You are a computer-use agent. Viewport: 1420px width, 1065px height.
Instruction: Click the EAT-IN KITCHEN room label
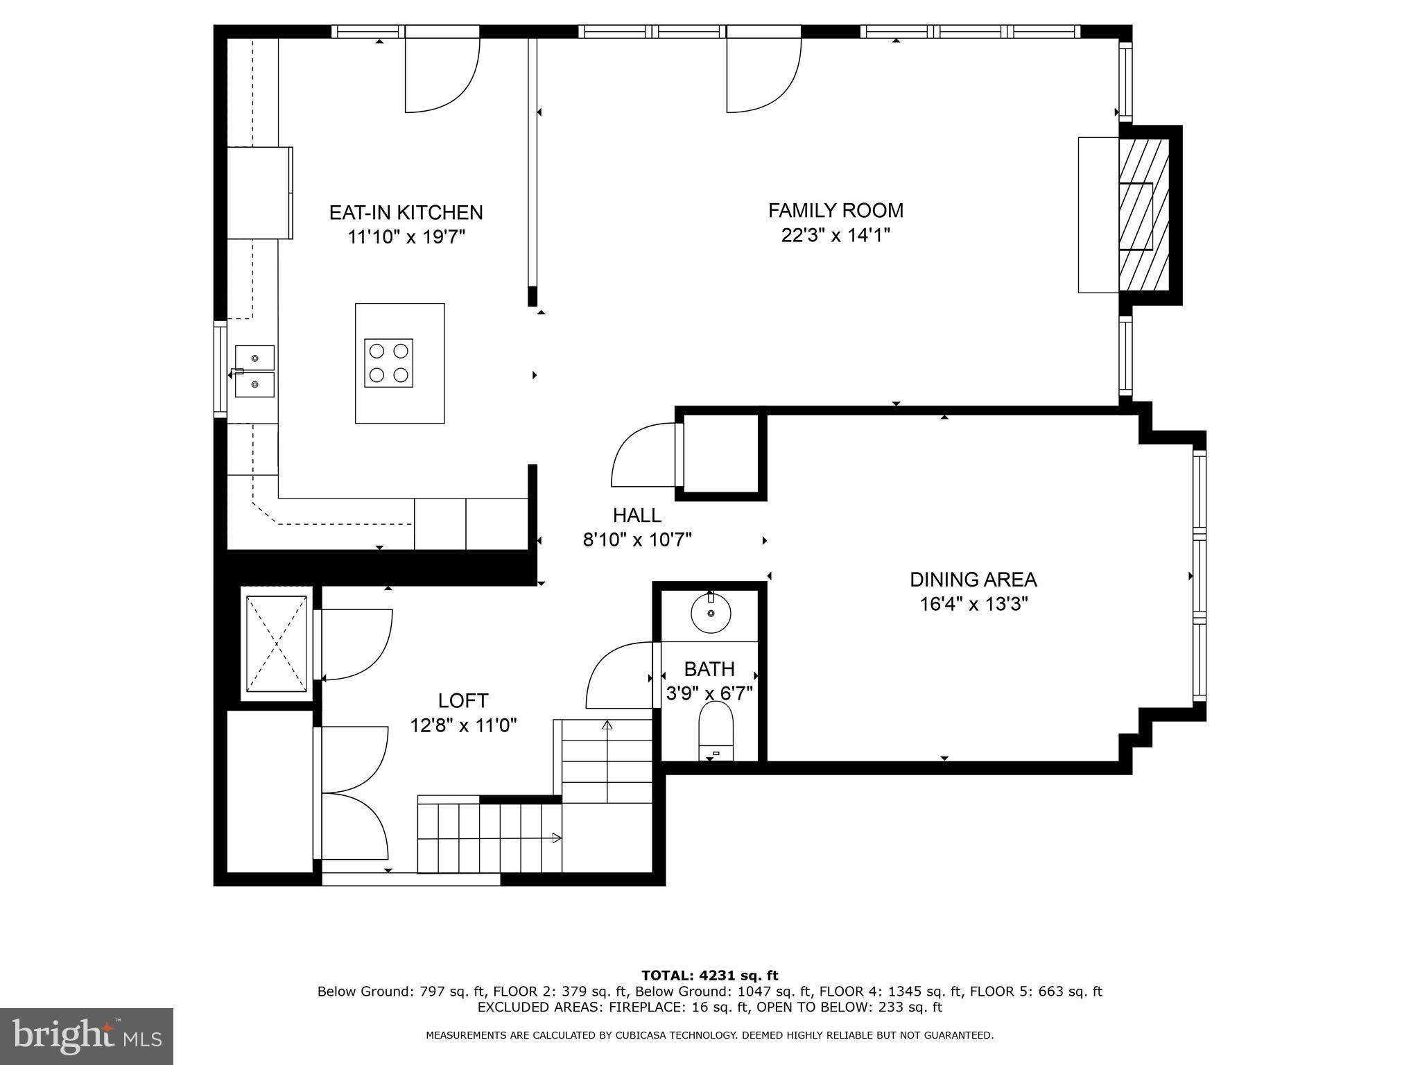406,212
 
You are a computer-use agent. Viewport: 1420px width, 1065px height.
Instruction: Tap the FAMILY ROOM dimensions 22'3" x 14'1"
835,236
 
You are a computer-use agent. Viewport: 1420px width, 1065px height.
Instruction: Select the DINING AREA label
973,580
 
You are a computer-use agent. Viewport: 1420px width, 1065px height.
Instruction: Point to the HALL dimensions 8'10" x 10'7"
637,539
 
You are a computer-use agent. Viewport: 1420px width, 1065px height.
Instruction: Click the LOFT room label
462,700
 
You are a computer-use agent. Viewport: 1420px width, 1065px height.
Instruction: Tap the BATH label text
709,669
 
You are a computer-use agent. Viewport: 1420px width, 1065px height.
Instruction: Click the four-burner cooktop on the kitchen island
388,363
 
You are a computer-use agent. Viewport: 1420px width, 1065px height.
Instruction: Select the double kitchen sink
254,371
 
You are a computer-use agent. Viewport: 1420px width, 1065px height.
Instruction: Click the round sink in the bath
711,613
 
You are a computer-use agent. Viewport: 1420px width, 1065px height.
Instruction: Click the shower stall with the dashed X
277,643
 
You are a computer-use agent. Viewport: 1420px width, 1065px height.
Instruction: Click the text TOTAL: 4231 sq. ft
709,976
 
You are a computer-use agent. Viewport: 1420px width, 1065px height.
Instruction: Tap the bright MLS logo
86,1036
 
